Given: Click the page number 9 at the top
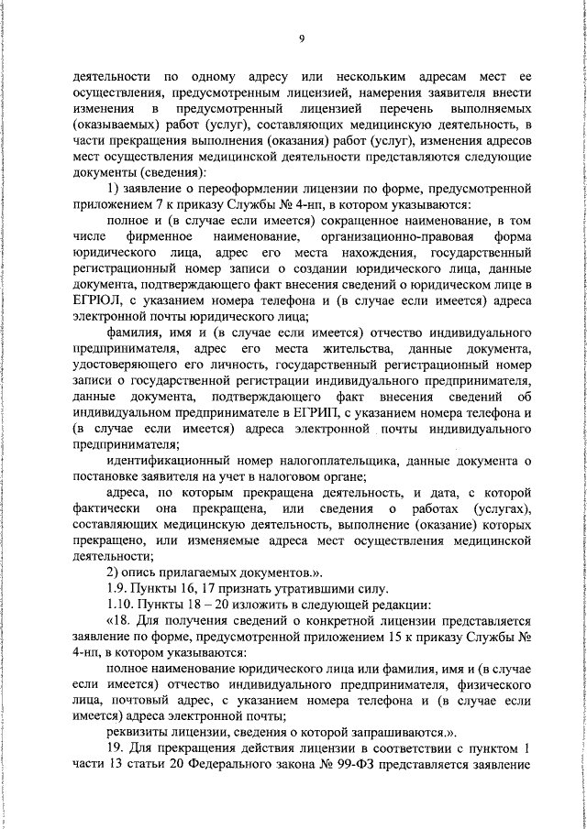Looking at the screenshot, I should pyautogui.click(x=301, y=38).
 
